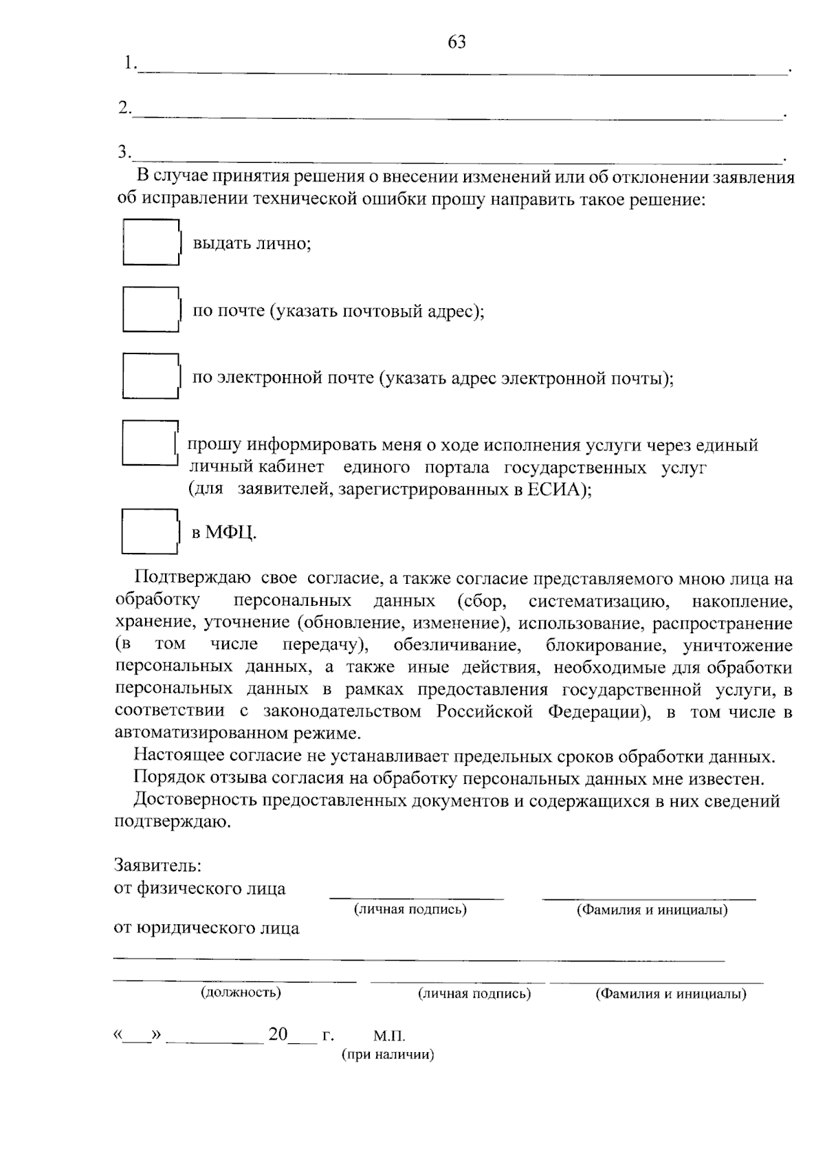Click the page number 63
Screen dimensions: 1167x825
(456, 43)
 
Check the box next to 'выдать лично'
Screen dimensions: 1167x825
(151, 242)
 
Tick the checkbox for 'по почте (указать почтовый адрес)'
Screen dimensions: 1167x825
(151, 309)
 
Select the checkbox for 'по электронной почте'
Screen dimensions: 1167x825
(151, 376)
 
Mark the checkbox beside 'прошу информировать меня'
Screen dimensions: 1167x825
(149, 444)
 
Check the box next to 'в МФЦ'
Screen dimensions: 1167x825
(149, 531)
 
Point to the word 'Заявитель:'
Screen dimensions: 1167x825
(157, 864)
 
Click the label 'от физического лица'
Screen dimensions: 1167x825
(199, 888)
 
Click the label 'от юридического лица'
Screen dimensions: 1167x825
(206, 928)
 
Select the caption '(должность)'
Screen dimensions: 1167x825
(241, 992)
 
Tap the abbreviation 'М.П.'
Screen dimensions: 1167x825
(390, 1036)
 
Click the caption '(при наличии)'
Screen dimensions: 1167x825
(388, 1055)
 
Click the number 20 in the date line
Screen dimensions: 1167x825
(278, 1034)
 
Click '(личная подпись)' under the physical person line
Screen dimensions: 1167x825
(410, 909)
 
